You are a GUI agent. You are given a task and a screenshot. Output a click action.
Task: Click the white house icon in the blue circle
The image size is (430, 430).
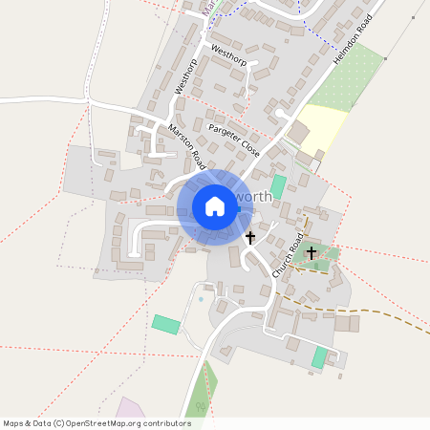pyautogui.click(x=215, y=206)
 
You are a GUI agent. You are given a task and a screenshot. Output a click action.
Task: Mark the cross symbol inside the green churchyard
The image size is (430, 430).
pyautogui.click(x=312, y=253)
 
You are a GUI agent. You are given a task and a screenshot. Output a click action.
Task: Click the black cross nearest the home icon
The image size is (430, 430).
pyautogui.click(x=250, y=236)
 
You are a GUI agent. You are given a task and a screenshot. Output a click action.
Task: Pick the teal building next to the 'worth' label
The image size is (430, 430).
pyautogui.click(x=278, y=184)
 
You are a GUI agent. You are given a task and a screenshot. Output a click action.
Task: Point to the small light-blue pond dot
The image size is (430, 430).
pyautogui.click(x=201, y=300)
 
